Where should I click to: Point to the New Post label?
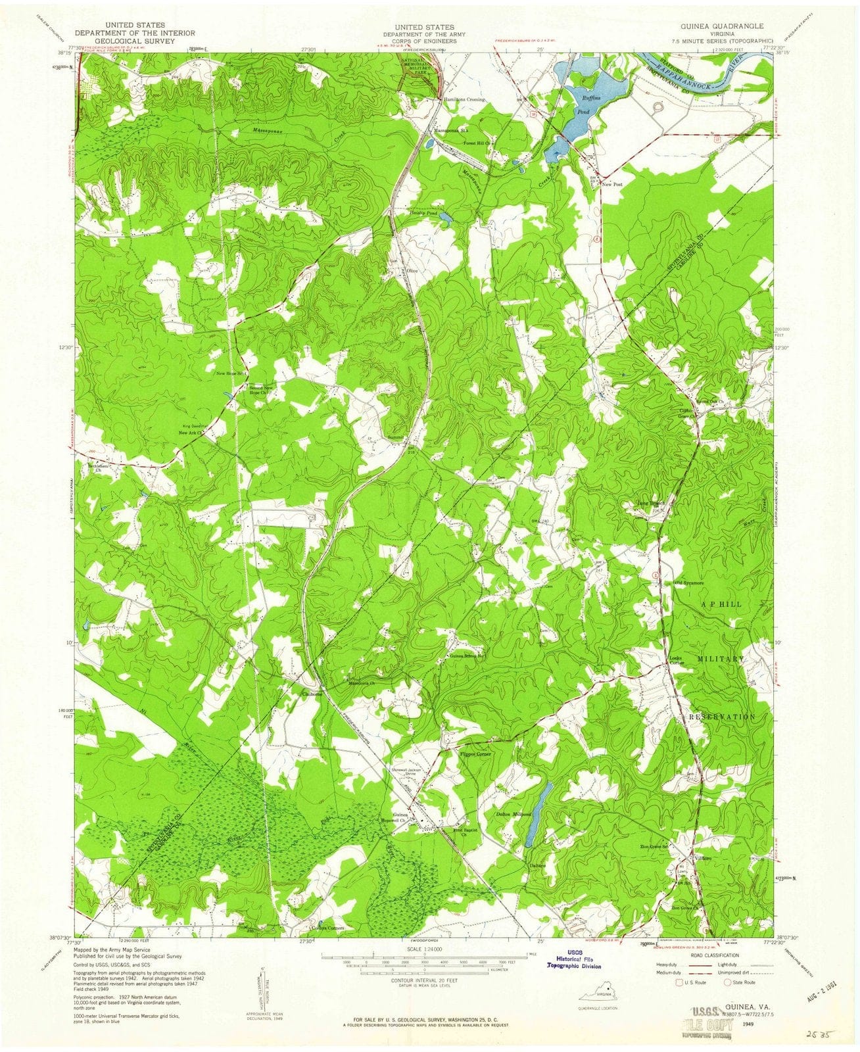coord(611,185)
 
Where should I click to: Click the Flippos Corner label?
coord(476,754)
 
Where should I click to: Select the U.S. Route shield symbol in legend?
coord(673,982)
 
